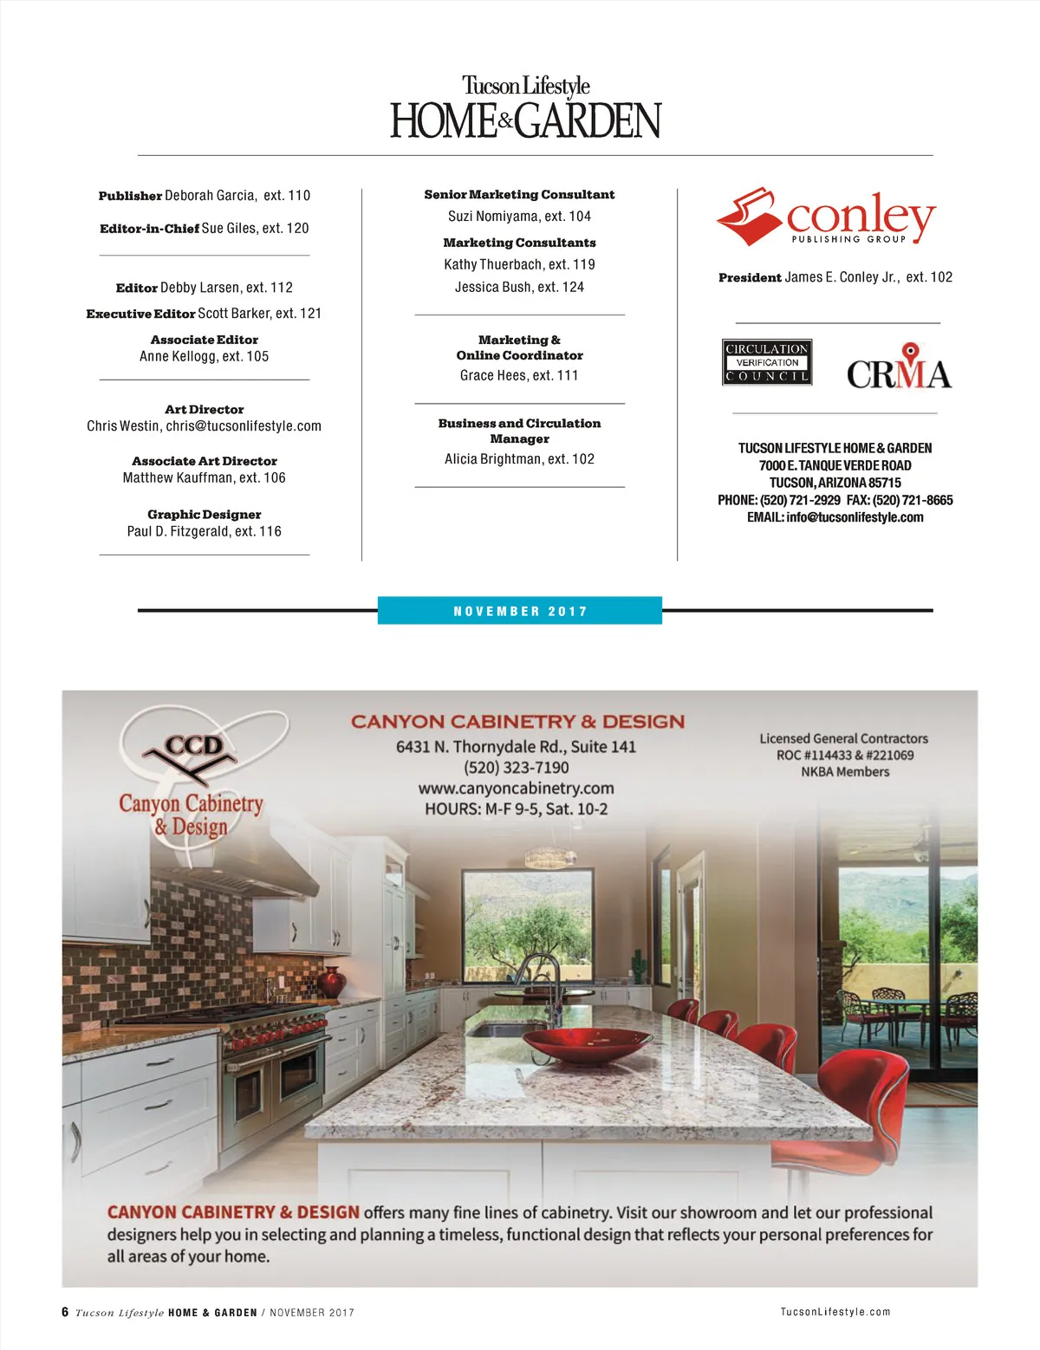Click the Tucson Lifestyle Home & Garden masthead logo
(x=525, y=108)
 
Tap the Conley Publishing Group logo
(x=826, y=217)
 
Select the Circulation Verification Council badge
(x=767, y=362)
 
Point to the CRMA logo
(x=899, y=368)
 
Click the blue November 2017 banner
(x=520, y=611)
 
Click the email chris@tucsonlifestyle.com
(x=244, y=426)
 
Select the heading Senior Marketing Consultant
(x=519, y=195)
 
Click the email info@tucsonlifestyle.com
(x=855, y=517)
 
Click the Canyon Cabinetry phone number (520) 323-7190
(x=516, y=768)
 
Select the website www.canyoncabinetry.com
(x=516, y=789)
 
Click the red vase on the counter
(x=332, y=983)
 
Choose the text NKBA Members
(x=844, y=772)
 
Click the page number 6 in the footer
(x=65, y=1312)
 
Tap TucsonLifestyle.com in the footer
(x=835, y=1312)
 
